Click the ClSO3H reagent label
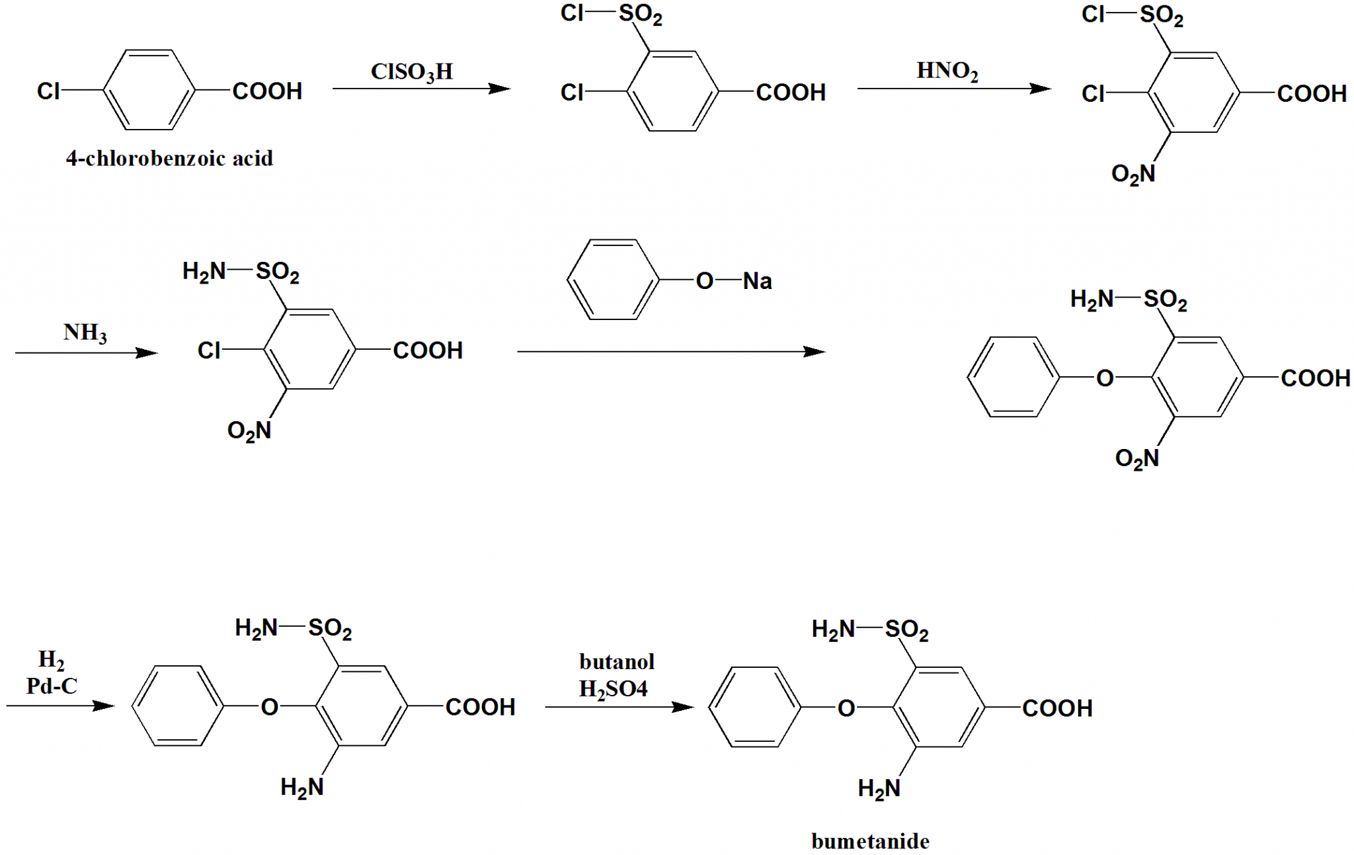[x=411, y=71]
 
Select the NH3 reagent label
[x=85, y=332]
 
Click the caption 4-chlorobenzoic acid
[x=169, y=159]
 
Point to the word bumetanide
[x=870, y=841]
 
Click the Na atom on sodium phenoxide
[x=757, y=281]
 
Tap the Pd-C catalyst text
[x=52, y=686]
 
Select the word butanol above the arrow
[x=616, y=661]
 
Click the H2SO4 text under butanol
[x=613, y=689]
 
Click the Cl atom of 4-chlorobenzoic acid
[x=48, y=91]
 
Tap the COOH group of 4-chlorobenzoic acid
[x=267, y=91]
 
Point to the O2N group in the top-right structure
[x=1133, y=174]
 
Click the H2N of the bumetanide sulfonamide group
[x=833, y=630]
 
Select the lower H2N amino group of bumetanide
[x=879, y=788]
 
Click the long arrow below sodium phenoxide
[x=671, y=352]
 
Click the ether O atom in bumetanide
[x=846, y=708]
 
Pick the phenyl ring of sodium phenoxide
[x=614, y=280]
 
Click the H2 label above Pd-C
[x=51, y=659]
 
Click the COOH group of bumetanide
[x=1056, y=708]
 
